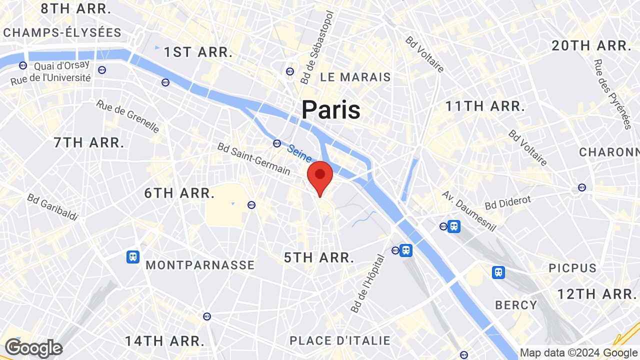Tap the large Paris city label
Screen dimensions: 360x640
click(x=330, y=109)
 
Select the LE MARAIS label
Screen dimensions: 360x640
click(x=355, y=77)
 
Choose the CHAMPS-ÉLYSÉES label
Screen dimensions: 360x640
click(x=62, y=33)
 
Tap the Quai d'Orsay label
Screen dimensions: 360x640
click(x=62, y=65)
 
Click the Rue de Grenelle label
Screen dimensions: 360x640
click(x=128, y=116)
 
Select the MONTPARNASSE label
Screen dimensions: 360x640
click(x=200, y=265)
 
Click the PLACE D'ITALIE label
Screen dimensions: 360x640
click(x=340, y=341)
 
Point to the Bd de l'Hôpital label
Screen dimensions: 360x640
click(x=368, y=284)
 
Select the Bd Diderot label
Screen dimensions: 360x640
click(x=508, y=202)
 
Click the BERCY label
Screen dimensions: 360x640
click(x=516, y=305)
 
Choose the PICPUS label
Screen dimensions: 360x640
click(x=572, y=268)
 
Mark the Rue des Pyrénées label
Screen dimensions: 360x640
click(x=612, y=94)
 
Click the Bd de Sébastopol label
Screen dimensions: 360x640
click(x=317, y=47)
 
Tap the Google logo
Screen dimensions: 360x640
click(x=33, y=348)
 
